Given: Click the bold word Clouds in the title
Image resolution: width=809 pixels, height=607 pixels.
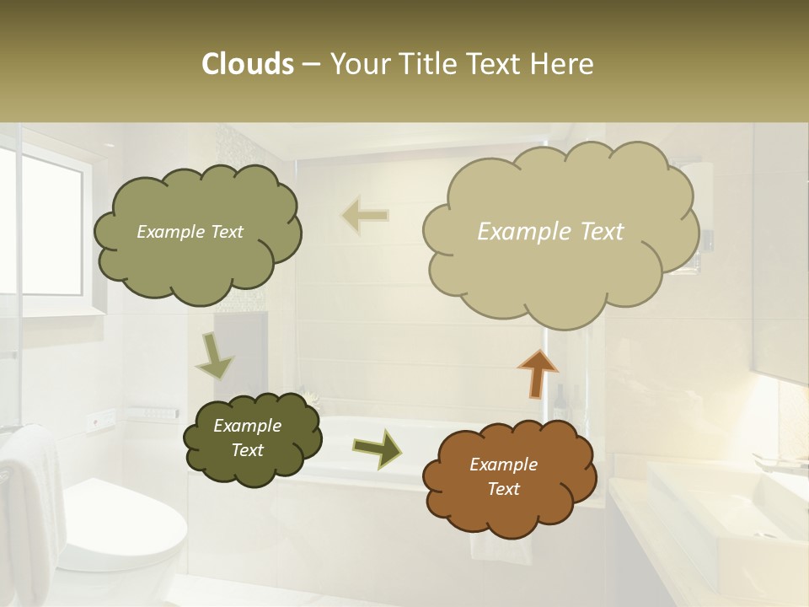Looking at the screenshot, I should coord(247,64).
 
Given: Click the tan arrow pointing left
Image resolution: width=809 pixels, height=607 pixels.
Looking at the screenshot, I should coord(365,216).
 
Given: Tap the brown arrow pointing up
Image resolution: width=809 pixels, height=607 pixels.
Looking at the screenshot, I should coord(537,373).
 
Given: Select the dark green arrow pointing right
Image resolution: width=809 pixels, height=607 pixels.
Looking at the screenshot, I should coord(378,448).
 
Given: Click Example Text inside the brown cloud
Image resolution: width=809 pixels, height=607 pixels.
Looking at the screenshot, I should coord(503,476).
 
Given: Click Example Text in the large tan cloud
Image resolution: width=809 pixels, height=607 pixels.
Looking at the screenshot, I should coord(550,232).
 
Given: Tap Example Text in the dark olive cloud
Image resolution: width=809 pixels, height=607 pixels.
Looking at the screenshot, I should coord(247,438).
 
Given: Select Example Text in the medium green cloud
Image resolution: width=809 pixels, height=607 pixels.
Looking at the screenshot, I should coord(190,232).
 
